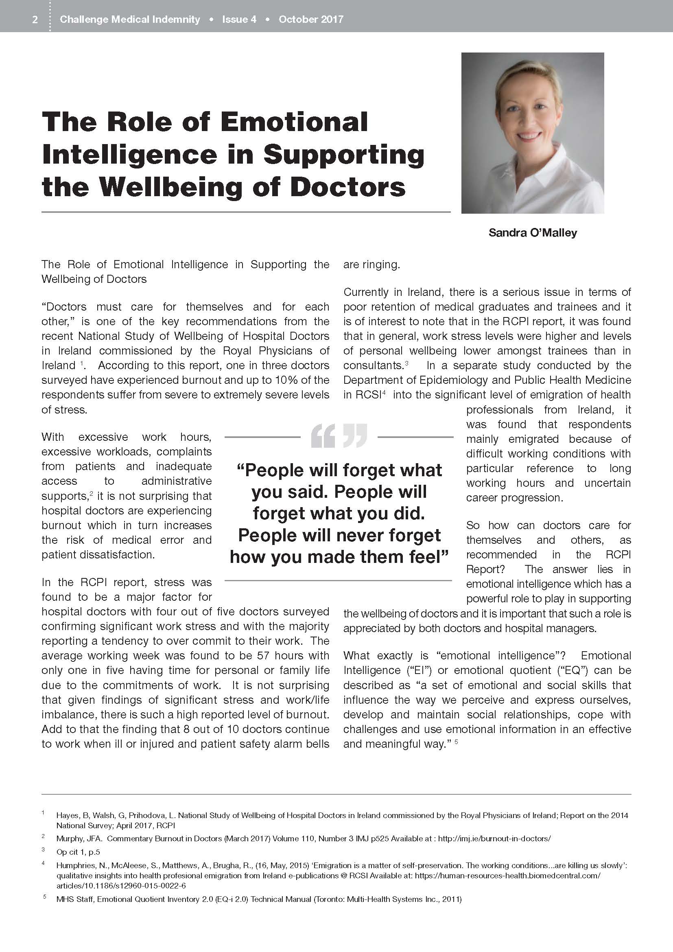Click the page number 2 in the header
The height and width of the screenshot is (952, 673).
pos(35,20)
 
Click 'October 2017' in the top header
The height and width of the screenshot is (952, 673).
pos(311,20)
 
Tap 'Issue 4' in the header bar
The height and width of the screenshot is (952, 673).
pos(239,20)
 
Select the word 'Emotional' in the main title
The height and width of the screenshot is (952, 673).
pos(294,123)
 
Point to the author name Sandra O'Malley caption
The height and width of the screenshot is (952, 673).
pos(533,233)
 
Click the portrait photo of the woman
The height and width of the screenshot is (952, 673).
pos(533,133)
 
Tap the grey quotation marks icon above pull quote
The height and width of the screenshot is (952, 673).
pos(339,436)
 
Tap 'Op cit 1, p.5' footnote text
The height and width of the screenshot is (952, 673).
pos(78,852)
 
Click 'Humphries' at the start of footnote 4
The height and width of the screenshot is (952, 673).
pos(73,865)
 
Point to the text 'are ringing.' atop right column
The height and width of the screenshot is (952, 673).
pos(371,265)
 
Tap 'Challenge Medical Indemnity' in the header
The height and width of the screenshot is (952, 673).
pos(130,20)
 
